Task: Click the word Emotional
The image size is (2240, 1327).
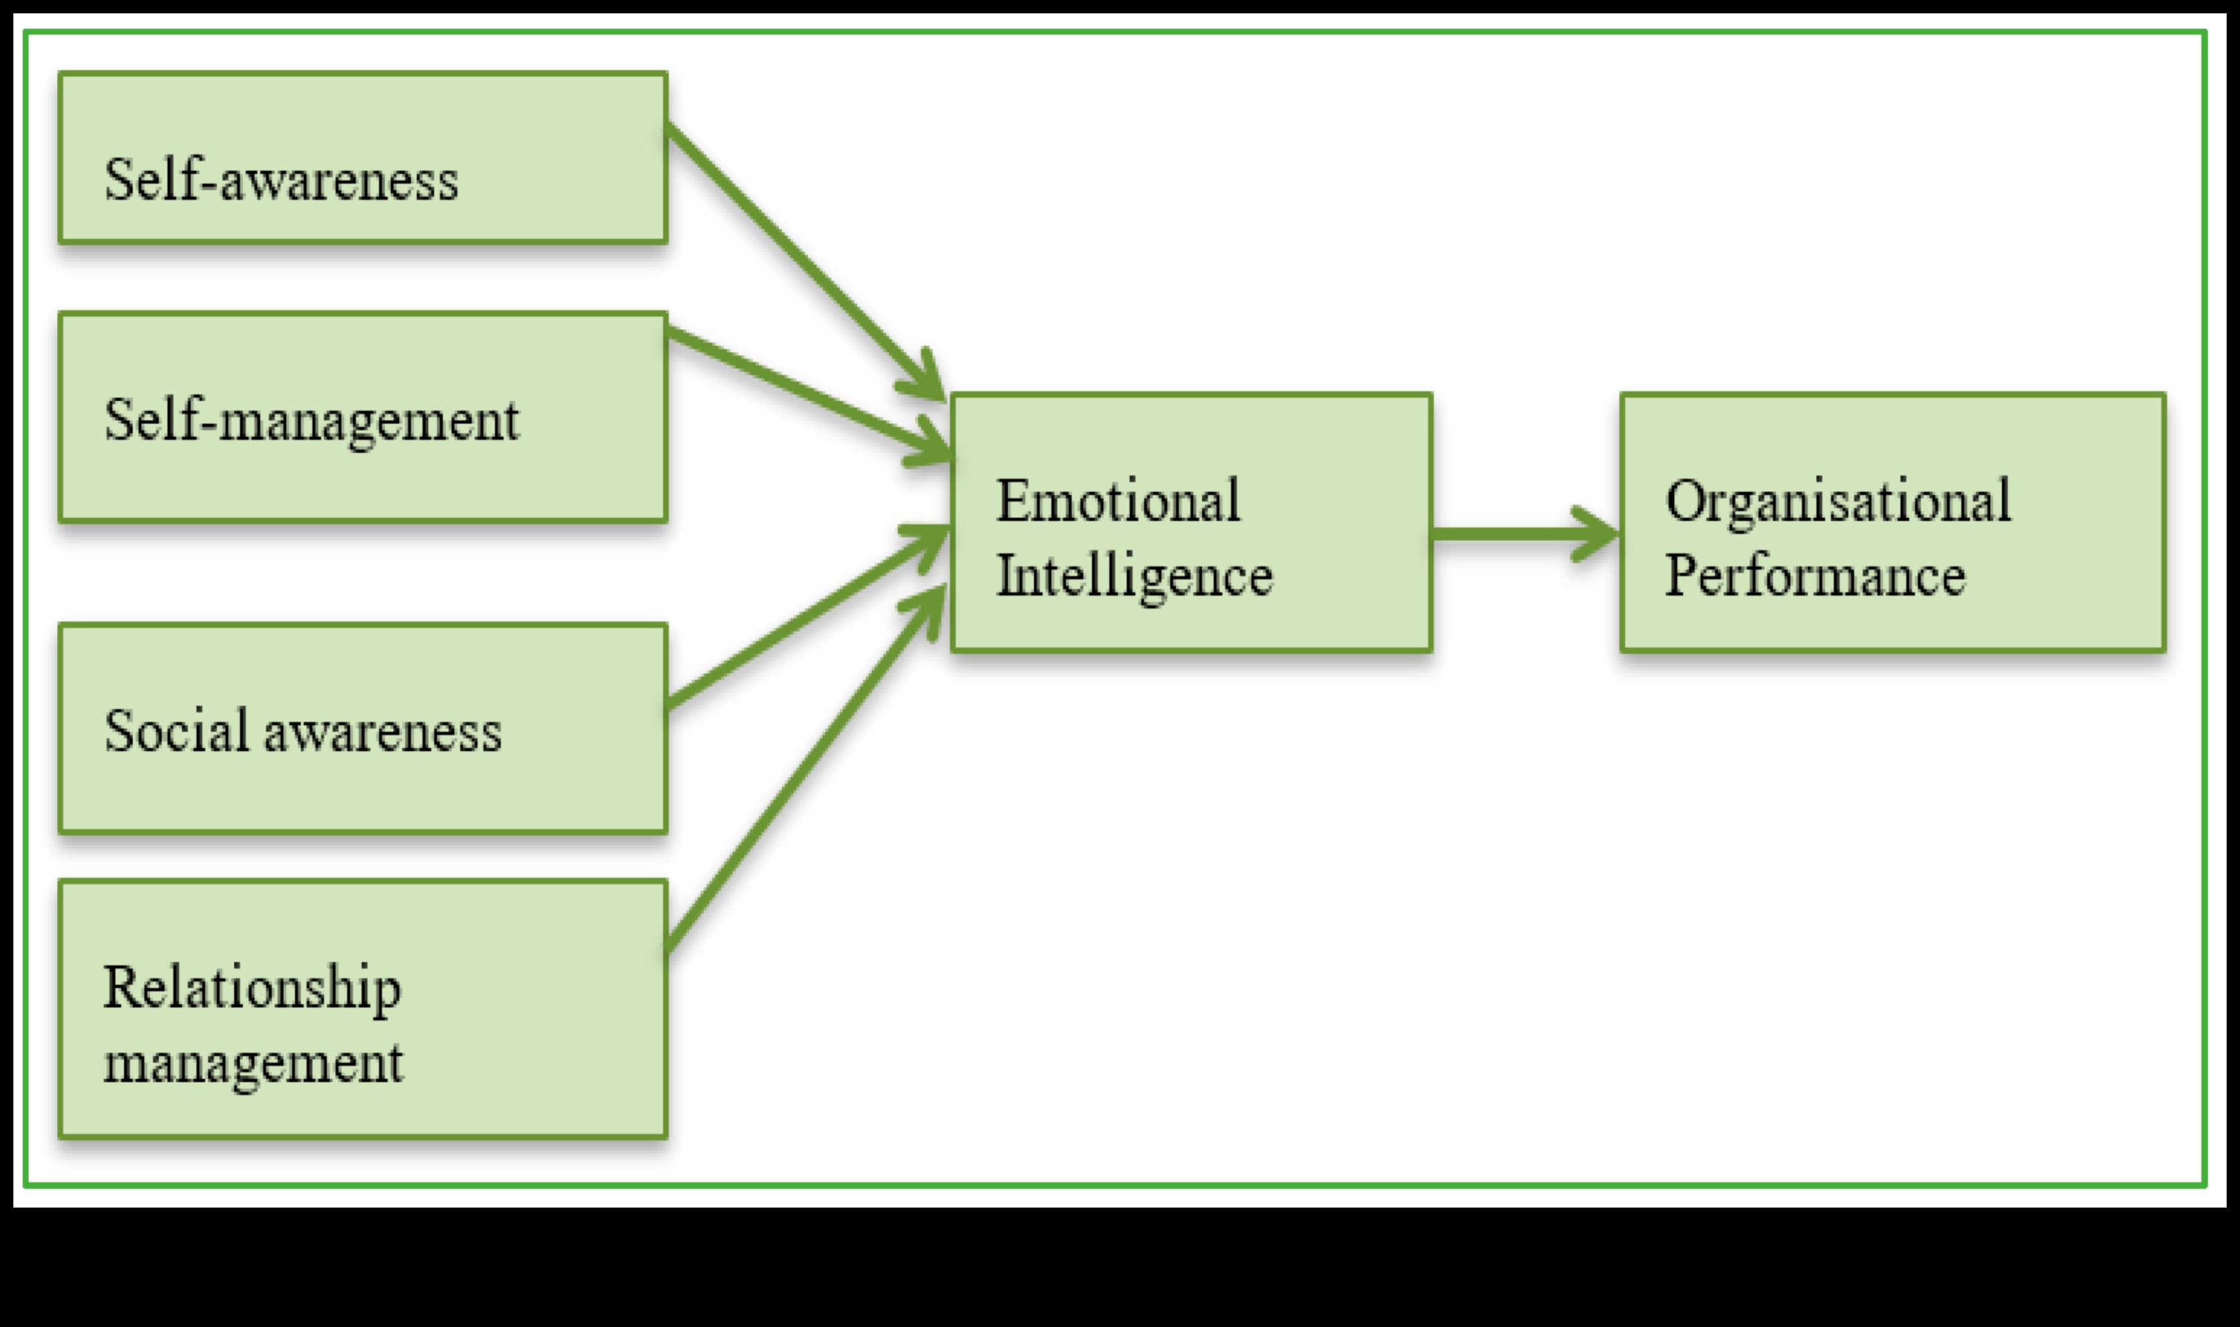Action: coord(1117,501)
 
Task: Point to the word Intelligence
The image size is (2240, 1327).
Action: coord(1133,576)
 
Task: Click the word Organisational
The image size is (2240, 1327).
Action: coord(1838,501)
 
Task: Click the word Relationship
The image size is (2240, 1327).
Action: coord(252,989)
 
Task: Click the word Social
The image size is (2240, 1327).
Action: coord(176,731)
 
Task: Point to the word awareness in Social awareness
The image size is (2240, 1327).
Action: coord(383,733)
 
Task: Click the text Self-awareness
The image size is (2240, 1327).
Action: coord(281,179)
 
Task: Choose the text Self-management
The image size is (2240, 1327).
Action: coord(311,420)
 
